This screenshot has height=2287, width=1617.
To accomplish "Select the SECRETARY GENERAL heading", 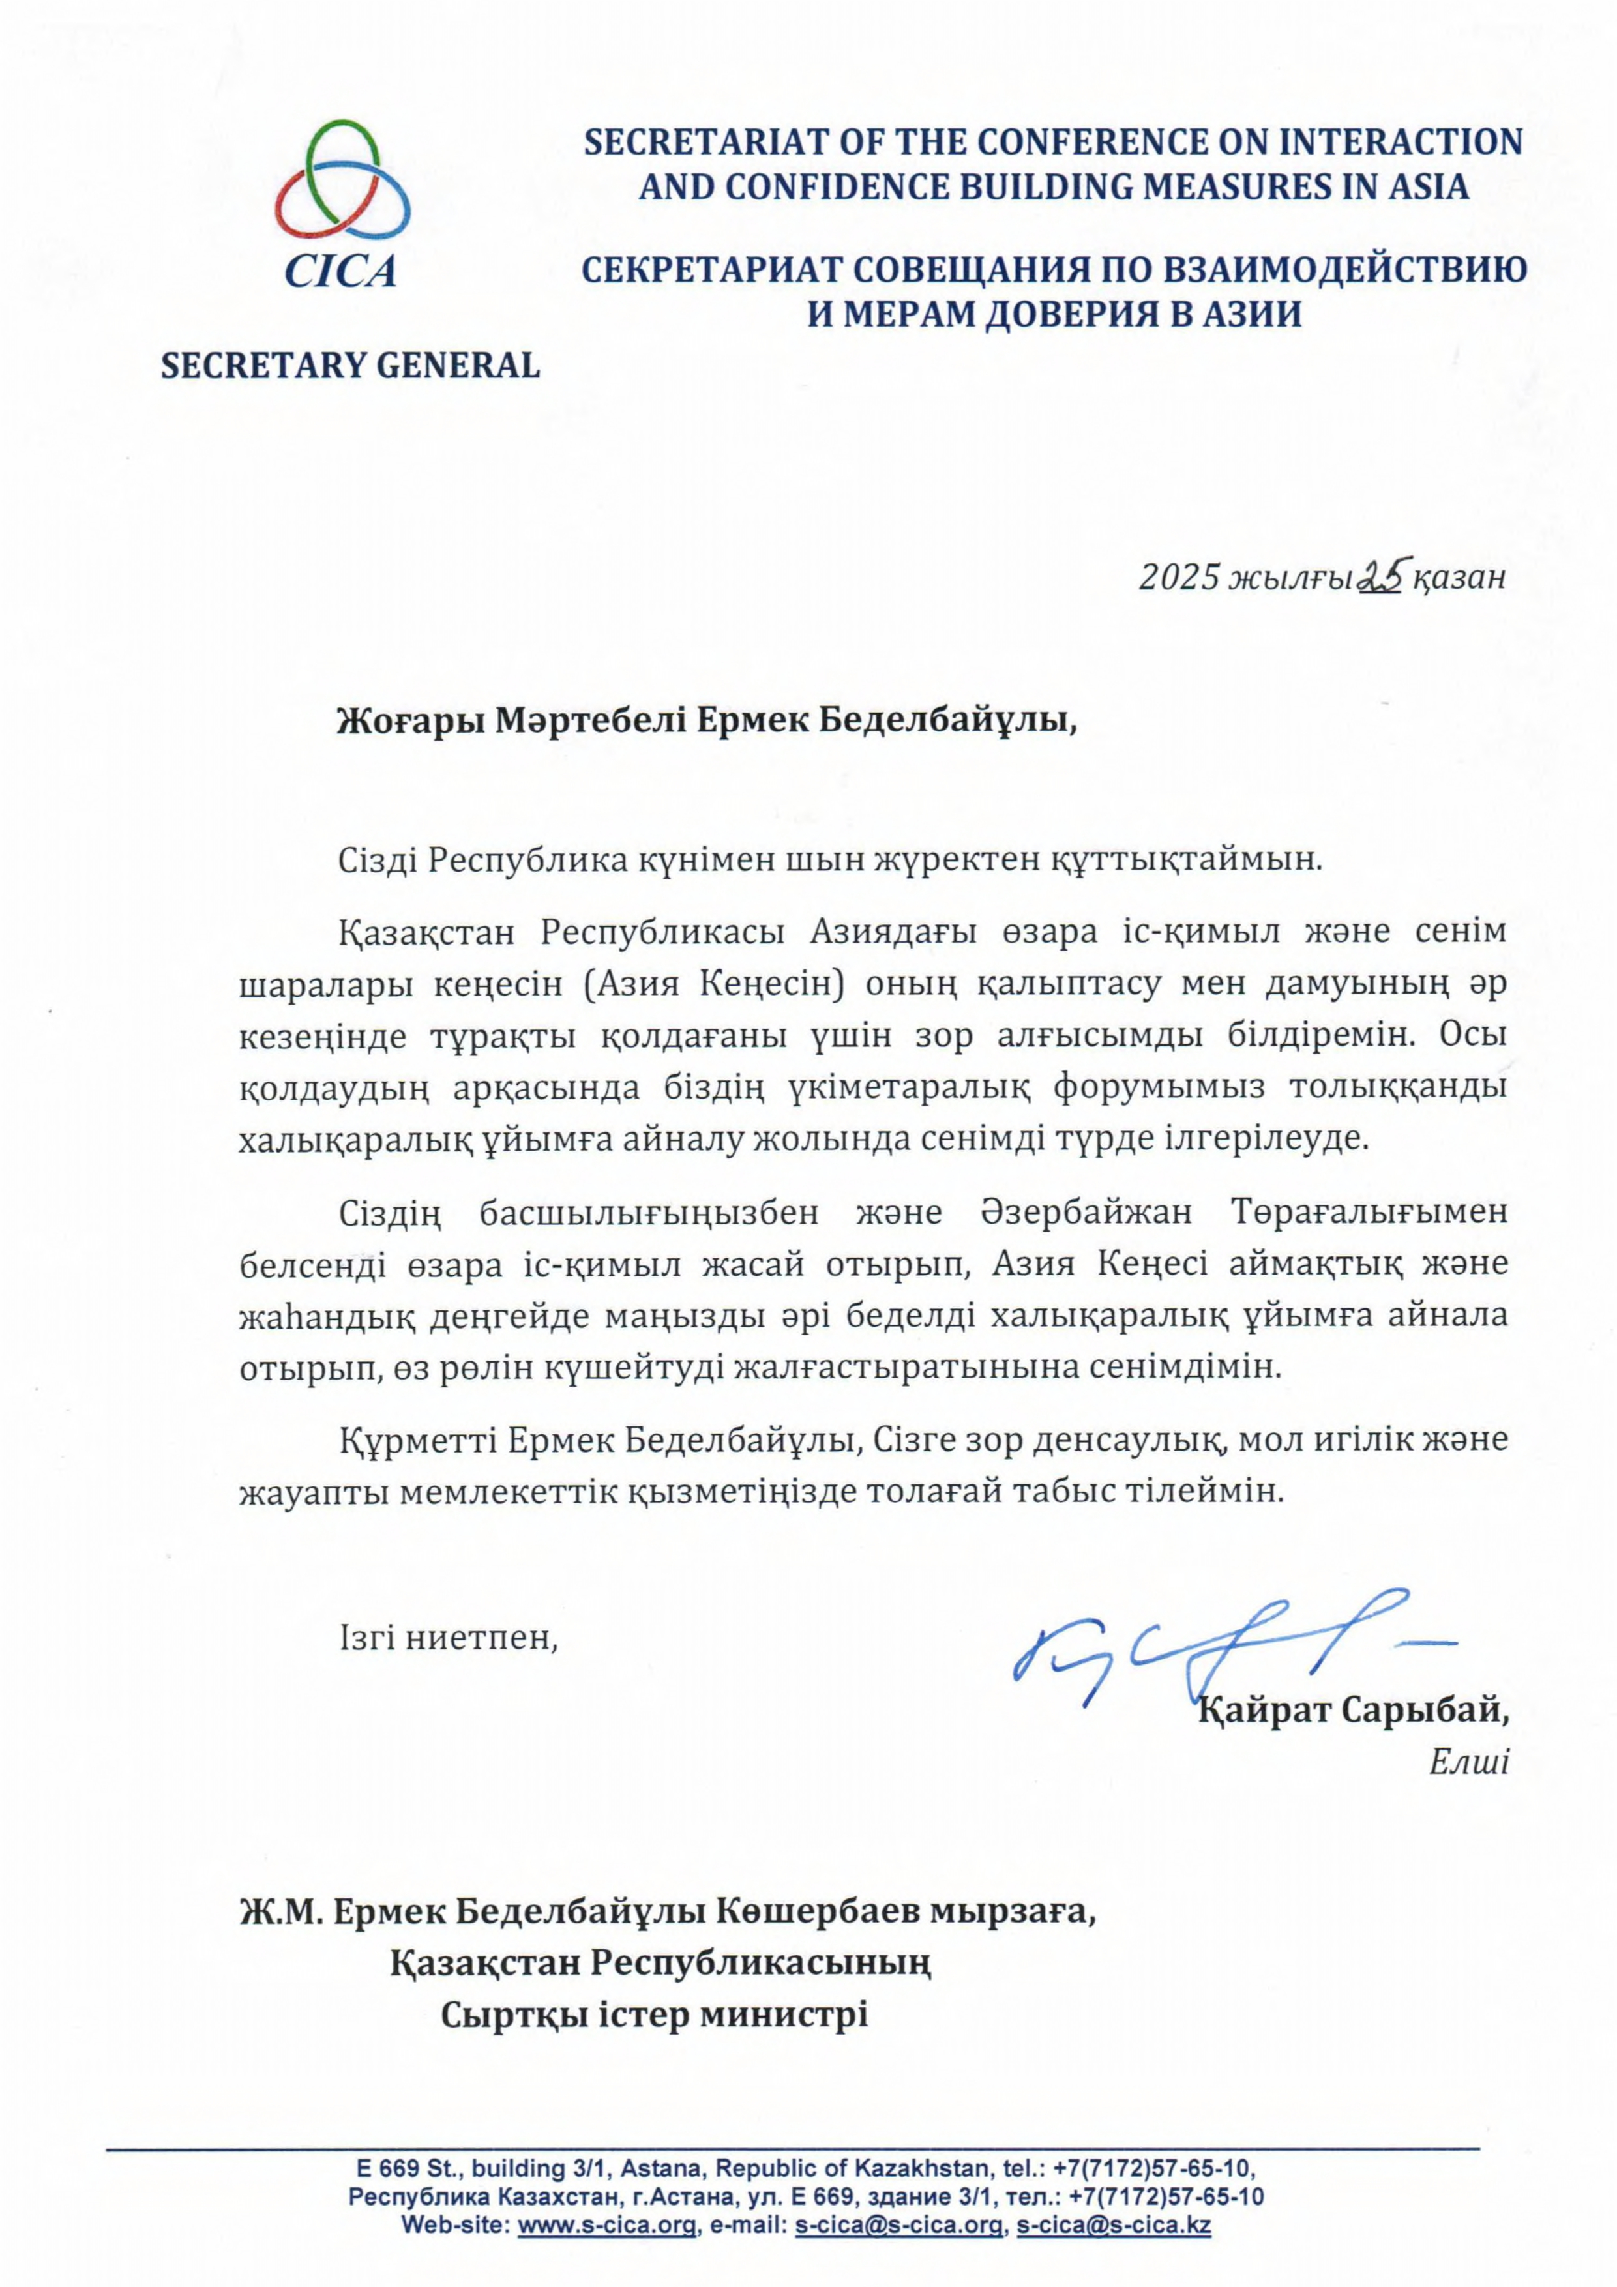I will [349, 366].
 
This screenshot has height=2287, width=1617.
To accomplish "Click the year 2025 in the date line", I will [1179, 578].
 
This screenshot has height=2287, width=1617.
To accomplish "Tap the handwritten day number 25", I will [1381, 575].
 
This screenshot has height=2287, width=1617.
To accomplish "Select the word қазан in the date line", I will [1460, 578].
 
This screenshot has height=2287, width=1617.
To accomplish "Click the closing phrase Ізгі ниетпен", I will [449, 1638].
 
